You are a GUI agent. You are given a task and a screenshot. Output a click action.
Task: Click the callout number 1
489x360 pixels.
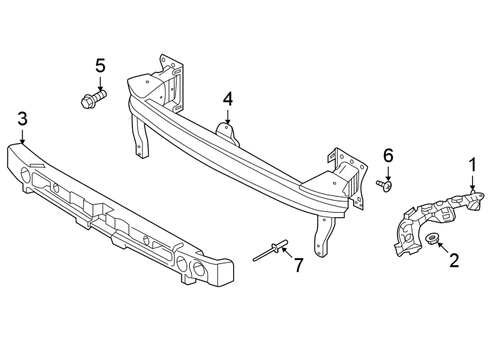pos(472,165)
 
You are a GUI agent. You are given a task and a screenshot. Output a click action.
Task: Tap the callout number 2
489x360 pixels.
pos(454,260)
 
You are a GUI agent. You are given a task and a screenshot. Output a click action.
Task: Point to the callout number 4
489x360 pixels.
pos(228,99)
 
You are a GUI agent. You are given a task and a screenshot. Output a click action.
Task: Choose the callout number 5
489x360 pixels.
pos(100,65)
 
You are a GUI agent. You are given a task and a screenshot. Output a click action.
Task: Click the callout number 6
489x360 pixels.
pos(388,155)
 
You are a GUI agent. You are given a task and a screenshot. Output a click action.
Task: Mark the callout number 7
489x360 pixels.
pos(298,265)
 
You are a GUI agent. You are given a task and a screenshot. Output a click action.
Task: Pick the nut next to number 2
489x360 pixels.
pos(432,239)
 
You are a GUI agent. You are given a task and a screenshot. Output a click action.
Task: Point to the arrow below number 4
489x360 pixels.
pos(228,117)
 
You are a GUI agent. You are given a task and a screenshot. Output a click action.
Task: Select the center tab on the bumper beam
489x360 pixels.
pos(227,132)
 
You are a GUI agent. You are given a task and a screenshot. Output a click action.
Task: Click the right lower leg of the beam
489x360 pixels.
pos(324,237)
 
